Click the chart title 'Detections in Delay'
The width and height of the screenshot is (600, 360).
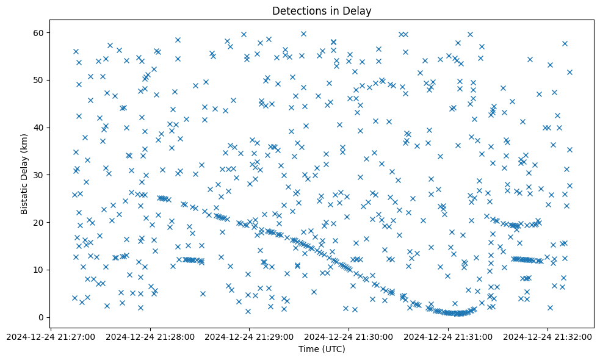coord(322,11)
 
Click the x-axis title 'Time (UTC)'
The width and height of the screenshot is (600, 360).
coord(322,349)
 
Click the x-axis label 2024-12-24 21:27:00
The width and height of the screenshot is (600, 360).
coord(51,336)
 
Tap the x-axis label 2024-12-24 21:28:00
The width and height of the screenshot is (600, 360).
coord(150,336)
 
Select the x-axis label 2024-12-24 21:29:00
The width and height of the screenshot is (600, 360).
coord(250,336)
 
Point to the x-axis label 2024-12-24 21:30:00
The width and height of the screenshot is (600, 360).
coord(349,336)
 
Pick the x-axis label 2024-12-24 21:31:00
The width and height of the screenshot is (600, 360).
coord(449,336)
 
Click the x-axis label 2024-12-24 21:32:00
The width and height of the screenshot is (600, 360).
coord(548,336)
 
